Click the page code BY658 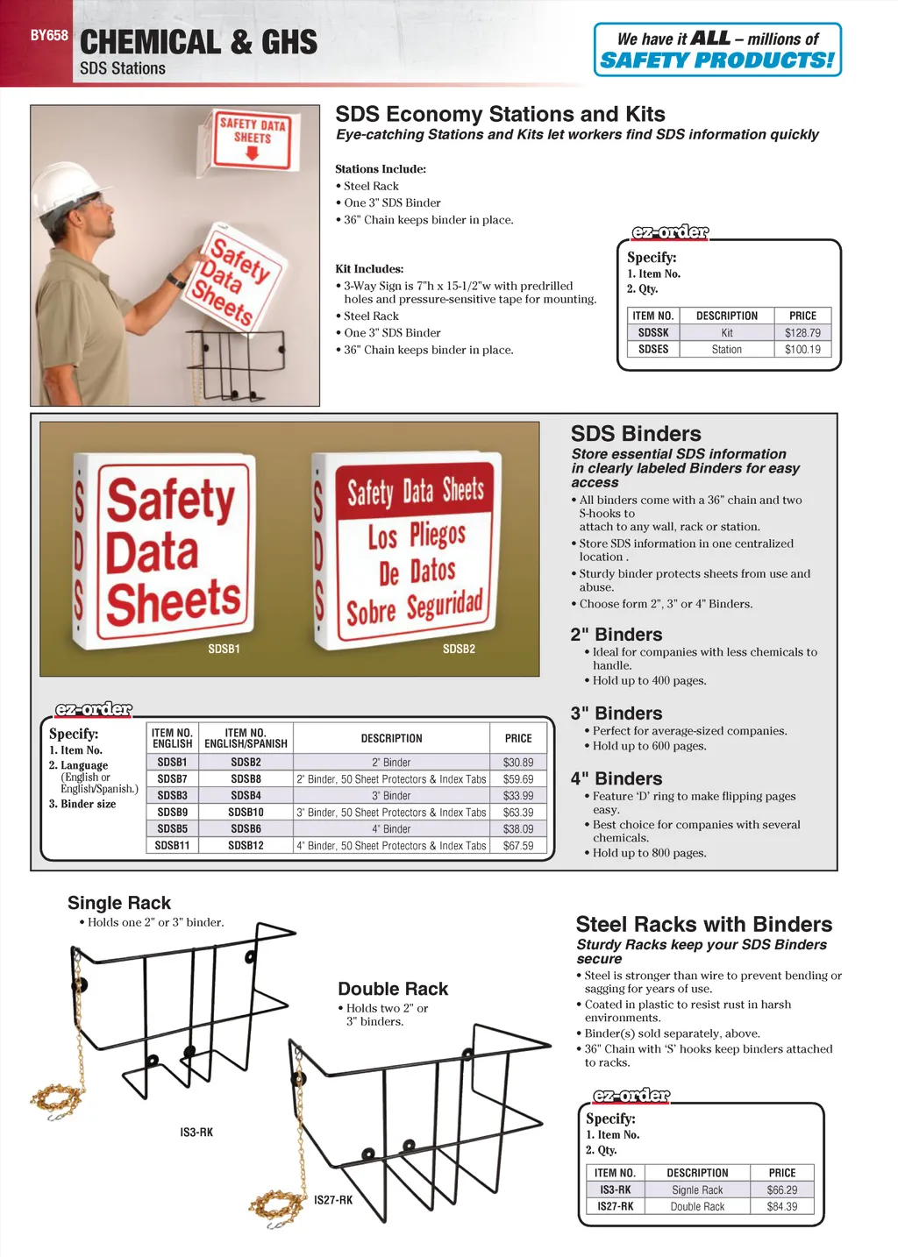coord(49,36)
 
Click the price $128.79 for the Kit coord(802,333)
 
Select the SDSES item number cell coord(653,349)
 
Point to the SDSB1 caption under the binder coord(224,649)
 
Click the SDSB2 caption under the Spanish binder coord(459,649)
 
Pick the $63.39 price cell coord(518,813)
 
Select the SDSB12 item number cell coord(246,846)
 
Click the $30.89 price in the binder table coord(518,763)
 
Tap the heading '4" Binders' coord(616,778)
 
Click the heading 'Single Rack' coord(119,903)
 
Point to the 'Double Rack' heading coord(393,989)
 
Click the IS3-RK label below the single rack coord(196,1133)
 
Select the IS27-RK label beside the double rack coord(333,1200)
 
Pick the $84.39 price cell coord(782,1207)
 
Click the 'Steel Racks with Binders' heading coord(704,924)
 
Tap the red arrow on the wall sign coord(253,153)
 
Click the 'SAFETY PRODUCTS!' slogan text coord(716,60)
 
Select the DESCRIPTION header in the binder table coord(391,738)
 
